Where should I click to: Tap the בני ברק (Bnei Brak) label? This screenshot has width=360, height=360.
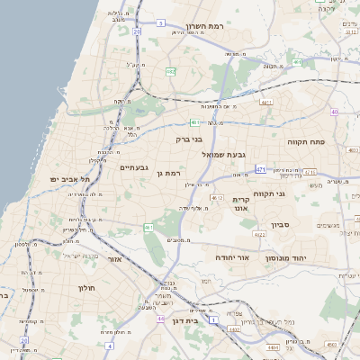pos(189,139)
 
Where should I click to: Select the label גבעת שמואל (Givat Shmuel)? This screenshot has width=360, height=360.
pos(212,156)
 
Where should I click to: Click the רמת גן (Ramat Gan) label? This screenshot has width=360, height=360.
pos(168,173)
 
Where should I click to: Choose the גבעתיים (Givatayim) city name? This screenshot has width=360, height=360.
pos(133,167)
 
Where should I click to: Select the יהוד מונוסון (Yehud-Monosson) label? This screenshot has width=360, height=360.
pos(288,257)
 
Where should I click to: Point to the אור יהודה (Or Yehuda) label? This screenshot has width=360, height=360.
pos(232,257)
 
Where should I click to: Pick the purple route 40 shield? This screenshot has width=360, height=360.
pos(334,112)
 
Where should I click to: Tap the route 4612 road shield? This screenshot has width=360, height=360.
pos(216,197)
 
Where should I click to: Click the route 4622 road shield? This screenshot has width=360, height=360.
pos(259,234)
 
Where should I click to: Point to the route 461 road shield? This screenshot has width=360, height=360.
pos(148,228)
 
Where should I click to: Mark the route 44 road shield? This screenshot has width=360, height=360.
pos(159,319)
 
